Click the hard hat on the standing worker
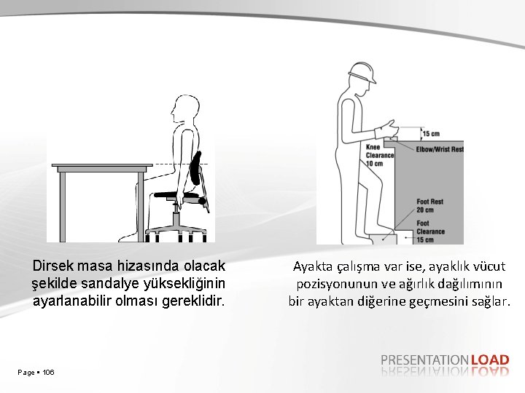pyautogui.click(x=362, y=72)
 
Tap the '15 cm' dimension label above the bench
pyautogui.click(x=431, y=134)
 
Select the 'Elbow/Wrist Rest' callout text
pyautogui.click(x=440, y=149)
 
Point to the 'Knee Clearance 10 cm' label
pyautogui.click(x=380, y=156)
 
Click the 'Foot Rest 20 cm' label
pyautogui.click(x=430, y=206)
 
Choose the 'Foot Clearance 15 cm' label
pyautogui.click(x=431, y=231)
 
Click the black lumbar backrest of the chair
pyautogui.click(x=195, y=168)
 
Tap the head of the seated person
pyautogui.click(x=185, y=108)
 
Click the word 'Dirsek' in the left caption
pyautogui.click(x=53, y=266)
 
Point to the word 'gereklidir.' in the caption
pyautogui.click(x=192, y=301)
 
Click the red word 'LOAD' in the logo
pyautogui.click(x=490, y=360)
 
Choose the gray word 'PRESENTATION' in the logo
pyautogui.click(x=425, y=360)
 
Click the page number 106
pyautogui.click(x=49, y=373)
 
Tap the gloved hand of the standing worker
pyautogui.click(x=387, y=129)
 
